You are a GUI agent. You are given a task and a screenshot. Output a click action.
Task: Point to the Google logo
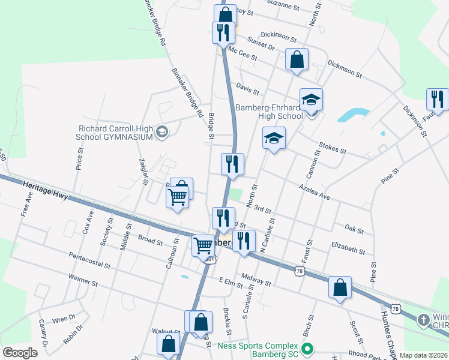click(x=20, y=353)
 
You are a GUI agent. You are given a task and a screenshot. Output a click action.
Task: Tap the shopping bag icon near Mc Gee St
click(x=297, y=59)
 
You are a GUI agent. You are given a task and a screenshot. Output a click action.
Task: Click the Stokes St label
click(x=333, y=148)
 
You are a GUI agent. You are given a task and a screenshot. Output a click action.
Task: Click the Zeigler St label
click(x=143, y=172)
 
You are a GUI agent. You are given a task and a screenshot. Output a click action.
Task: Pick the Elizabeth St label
click(x=348, y=247)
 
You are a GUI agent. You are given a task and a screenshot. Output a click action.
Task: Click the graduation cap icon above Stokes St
click(x=274, y=139)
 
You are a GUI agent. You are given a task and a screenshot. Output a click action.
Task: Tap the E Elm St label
click(x=229, y=281)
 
